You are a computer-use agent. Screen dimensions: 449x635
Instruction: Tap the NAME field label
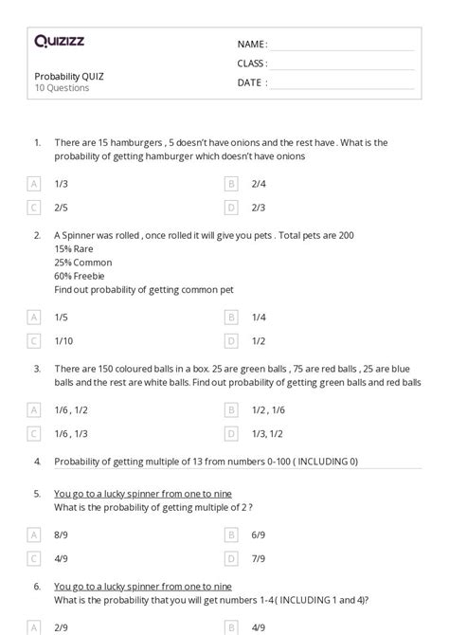pyautogui.click(x=251, y=44)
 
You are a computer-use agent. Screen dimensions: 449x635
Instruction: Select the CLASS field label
pyautogui.click(x=252, y=63)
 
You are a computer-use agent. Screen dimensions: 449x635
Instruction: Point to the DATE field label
pyautogui.click(x=251, y=82)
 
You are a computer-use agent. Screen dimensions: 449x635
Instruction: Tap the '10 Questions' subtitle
pyautogui.click(x=62, y=88)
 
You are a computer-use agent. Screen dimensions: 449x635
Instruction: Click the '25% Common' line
pyautogui.click(x=82, y=263)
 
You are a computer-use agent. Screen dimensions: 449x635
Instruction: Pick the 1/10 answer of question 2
pyautogui.click(x=63, y=340)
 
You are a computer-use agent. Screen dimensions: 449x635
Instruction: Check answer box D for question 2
pyautogui.click(x=230, y=340)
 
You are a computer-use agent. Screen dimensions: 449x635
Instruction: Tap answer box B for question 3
pyautogui.click(x=230, y=409)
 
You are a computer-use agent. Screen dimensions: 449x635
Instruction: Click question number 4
pyautogui.click(x=37, y=462)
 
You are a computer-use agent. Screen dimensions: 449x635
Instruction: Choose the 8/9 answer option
pyautogui.click(x=61, y=535)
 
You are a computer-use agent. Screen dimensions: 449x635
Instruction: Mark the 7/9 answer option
pyautogui.click(x=258, y=558)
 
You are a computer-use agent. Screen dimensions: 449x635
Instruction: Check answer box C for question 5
pyautogui.click(x=34, y=558)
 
